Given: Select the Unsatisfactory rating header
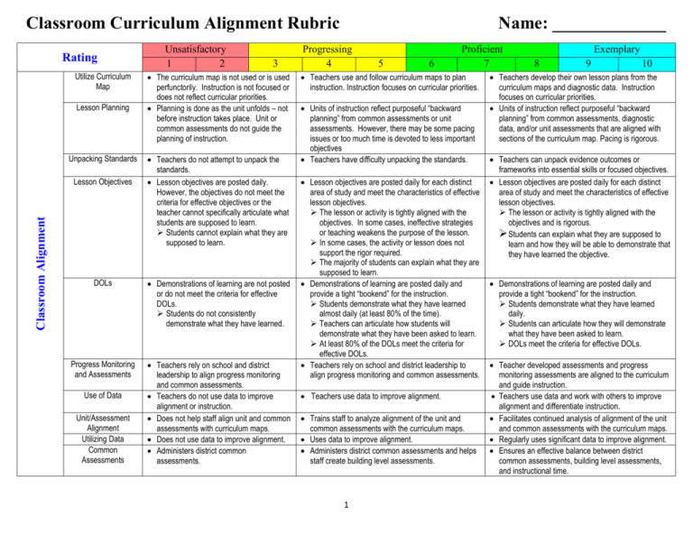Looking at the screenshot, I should pyautogui.click(x=194, y=51).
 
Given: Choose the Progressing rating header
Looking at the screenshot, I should pyautogui.click(x=328, y=51).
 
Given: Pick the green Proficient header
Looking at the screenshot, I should pyautogui.click(x=486, y=51).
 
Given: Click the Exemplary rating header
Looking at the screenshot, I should pyautogui.click(x=618, y=51).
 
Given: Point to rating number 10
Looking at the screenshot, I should pyautogui.click(x=647, y=64).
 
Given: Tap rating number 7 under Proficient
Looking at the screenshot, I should pyautogui.click(x=486, y=64).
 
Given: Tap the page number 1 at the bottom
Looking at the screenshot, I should pyautogui.click(x=347, y=514).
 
